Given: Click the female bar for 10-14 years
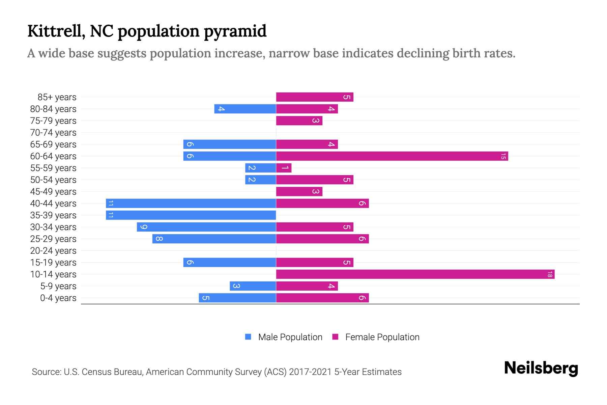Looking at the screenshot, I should tap(415, 274).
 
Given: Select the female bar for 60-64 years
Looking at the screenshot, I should tap(392, 156).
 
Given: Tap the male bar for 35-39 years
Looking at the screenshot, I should tap(191, 215).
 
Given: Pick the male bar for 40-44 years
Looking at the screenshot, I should tap(191, 204).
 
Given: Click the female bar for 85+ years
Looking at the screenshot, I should tap(315, 97).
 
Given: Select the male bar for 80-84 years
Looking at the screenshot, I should tap(245, 109).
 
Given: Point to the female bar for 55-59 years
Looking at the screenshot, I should tap(284, 168).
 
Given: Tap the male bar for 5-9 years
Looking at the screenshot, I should tap(253, 286).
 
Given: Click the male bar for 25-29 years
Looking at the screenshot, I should tap(214, 239).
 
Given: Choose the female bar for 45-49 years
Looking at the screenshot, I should tap(299, 192).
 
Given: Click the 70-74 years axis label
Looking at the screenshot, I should tap(53, 133).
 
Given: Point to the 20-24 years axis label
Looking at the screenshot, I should tap(53, 251).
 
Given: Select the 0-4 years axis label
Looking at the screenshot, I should tap(58, 298).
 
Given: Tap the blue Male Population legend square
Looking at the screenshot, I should tap(248, 337).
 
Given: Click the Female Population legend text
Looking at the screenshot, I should tap(382, 337).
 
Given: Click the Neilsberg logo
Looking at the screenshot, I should tap(541, 368).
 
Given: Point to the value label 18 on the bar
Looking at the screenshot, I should tap(550, 274).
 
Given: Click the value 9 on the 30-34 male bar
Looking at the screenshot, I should tap(143, 227).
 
